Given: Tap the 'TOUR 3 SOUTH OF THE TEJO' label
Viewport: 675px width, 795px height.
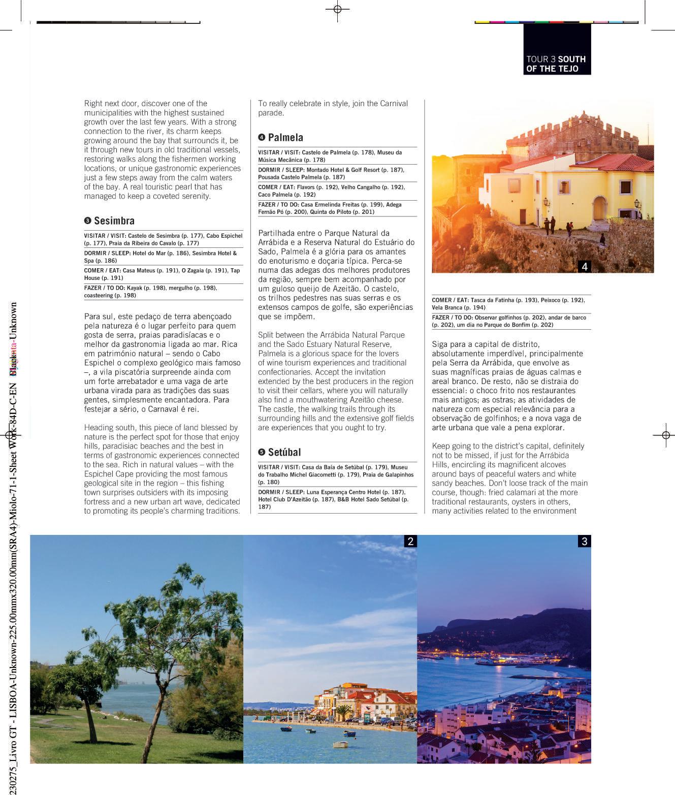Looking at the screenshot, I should pyautogui.click(x=556, y=64).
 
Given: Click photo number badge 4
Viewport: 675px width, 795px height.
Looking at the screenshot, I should pyautogui.click(x=585, y=266).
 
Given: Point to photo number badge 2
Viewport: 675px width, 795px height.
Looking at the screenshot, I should pyautogui.click(x=410, y=542).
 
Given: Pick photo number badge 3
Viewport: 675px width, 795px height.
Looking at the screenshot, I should pyautogui.click(x=584, y=542).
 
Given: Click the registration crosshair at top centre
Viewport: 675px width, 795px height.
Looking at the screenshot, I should pyautogui.click(x=338, y=9).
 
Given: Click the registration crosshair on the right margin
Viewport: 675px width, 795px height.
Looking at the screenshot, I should pyautogui.click(x=665, y=435).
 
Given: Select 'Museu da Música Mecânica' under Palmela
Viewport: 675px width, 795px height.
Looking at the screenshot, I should pyautogui.click(x=330, y=156).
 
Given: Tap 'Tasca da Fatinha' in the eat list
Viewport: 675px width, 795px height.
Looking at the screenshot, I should pyautogui.click(x=491, y=300).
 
